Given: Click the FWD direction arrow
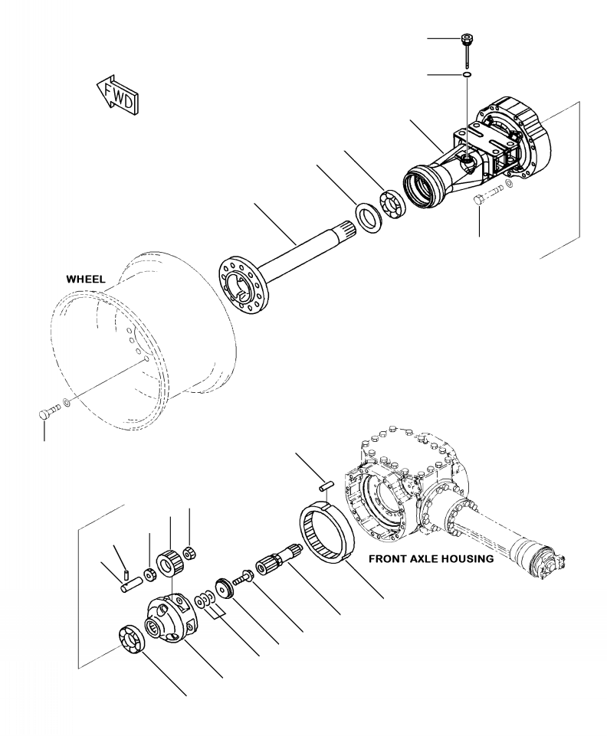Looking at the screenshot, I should coord(117,92).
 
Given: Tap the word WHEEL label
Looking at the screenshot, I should coord(86,280).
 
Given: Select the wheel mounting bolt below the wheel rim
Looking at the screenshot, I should coord(44,414).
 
